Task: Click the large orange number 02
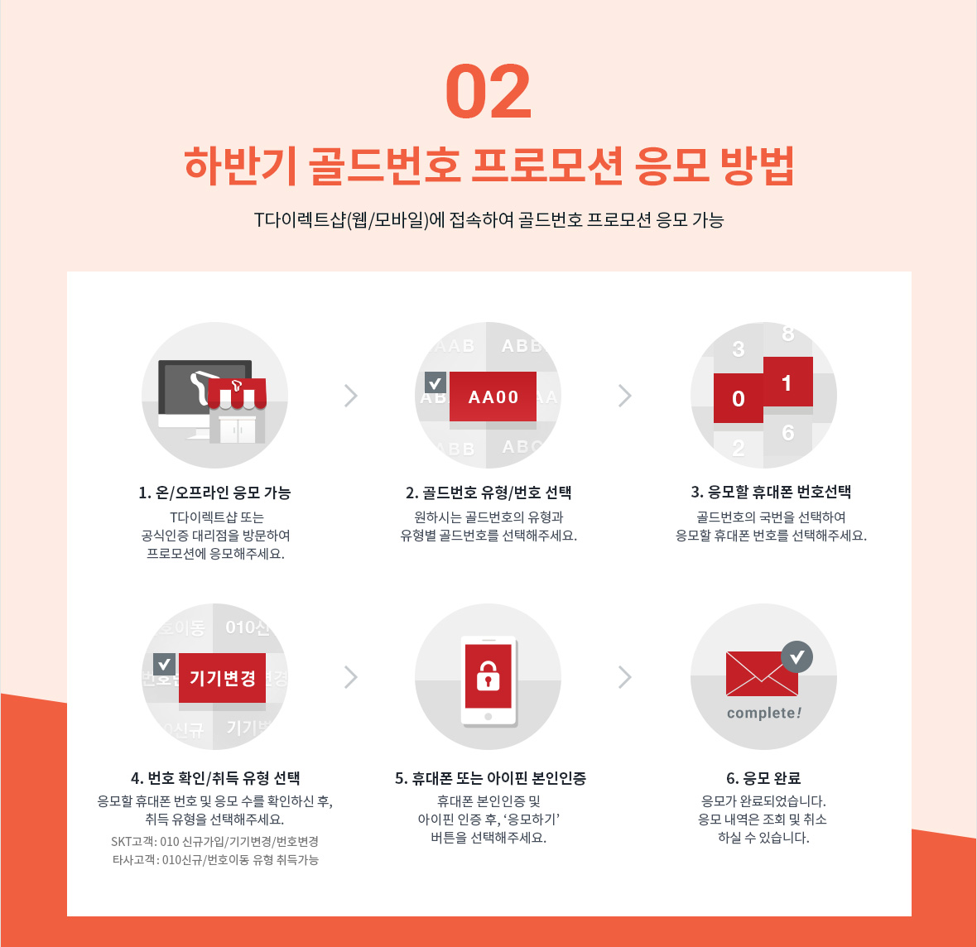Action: point(488,92)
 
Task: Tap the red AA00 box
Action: point(493,397)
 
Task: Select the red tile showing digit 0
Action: point(739,398)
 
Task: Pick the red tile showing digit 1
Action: point(787,382)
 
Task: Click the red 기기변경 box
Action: point(223,678)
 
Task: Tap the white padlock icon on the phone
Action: point(488,675)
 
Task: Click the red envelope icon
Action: point(762,674)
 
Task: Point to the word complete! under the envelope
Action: point(764,713)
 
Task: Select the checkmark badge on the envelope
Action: point(797,656)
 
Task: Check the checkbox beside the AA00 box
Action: point(435,382)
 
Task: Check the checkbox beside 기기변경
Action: point(164,664)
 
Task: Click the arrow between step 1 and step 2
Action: point(351,396)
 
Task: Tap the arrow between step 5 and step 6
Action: point(625,676)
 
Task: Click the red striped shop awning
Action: point(237,393)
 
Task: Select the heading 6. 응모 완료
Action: point(763,778)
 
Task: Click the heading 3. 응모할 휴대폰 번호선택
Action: point(771,493)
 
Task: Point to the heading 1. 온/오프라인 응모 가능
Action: point(214,493)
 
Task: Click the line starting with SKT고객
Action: point(215,842)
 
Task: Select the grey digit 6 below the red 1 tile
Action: point(788,432)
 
